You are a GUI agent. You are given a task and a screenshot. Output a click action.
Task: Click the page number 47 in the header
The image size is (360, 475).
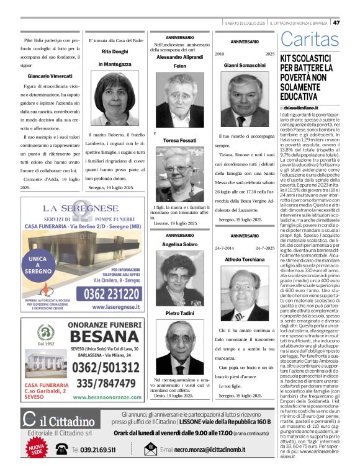click(353, 22)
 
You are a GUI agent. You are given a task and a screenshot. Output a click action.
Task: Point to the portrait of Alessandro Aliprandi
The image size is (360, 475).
click(179, 99)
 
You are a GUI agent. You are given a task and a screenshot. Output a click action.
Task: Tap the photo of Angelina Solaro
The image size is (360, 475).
click(179, 280)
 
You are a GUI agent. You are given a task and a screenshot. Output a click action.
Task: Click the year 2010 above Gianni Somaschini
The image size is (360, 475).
click(219, 55)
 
